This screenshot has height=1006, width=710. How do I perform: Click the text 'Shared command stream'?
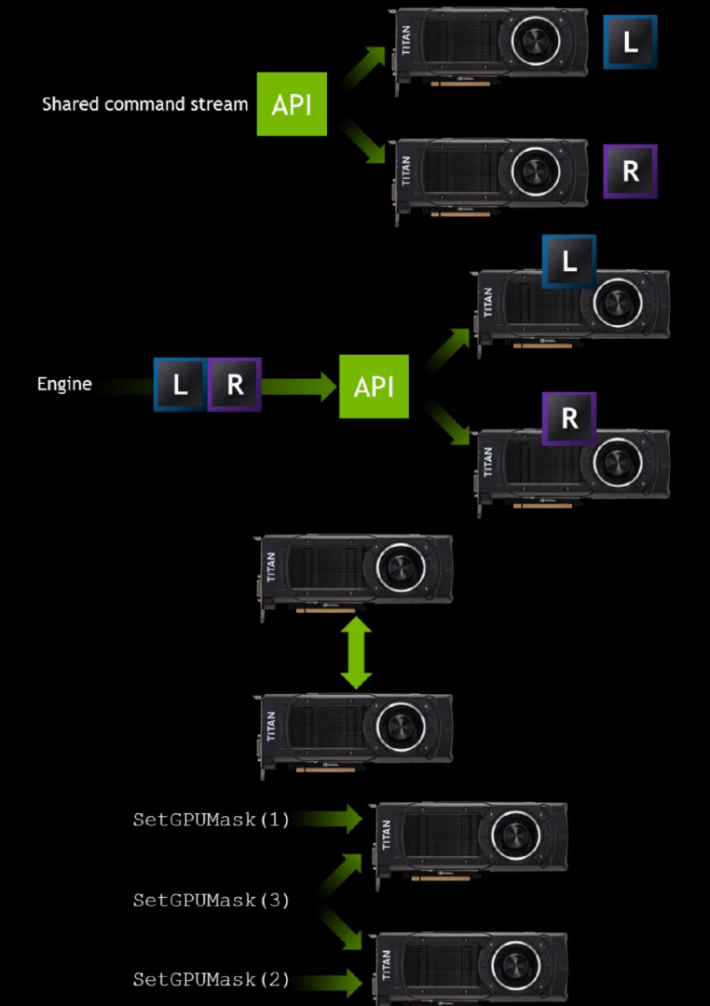pos(144,104)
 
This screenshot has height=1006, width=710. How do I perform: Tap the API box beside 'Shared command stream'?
pos(292,104)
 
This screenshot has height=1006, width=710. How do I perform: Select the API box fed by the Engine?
pos(374,387)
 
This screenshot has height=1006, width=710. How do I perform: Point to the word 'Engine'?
pos(64,385)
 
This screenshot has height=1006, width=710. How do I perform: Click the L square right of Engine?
pos(181,385)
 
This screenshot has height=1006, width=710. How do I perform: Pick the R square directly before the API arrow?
pos(234,385)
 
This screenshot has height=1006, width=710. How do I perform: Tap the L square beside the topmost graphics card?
pos(630,42)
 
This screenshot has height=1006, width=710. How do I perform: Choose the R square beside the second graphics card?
pos(630,171)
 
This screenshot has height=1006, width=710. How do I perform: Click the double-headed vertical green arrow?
pos(356,653)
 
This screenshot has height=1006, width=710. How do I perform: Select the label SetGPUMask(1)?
pos(212,820)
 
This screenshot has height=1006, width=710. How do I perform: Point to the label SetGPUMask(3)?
pos(212,900)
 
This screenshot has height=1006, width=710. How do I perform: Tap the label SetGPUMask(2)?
pos(212,980)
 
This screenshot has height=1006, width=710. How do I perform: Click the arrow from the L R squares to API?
pos(299,387)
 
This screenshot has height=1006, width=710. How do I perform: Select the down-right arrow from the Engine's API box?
pos(447,422)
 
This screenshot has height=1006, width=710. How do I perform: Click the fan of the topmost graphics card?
pos(536,41)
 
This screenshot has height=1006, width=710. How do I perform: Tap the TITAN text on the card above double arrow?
pos(271,567)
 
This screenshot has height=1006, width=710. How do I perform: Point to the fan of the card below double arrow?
pos(401,727)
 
